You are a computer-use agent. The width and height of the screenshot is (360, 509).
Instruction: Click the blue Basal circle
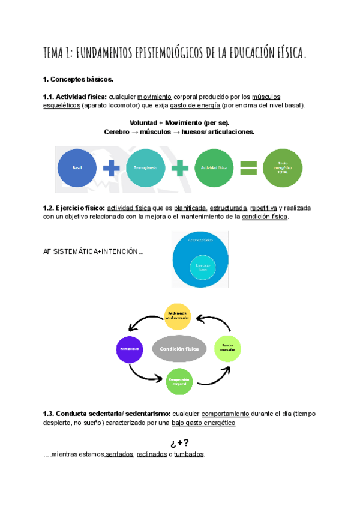(x=77, y=169)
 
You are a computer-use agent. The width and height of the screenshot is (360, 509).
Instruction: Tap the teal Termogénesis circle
(x=146, y=169)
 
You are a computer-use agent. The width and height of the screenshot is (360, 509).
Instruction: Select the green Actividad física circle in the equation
(x=214, y=169)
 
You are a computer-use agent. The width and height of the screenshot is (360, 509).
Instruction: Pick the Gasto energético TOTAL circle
(x=283, y=169)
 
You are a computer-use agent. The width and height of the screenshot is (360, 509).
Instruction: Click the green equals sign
(x=248, y=169)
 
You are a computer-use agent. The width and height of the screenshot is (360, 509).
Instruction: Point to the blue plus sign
(x=111, y=169)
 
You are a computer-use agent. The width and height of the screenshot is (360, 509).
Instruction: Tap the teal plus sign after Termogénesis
(x=180, y=169)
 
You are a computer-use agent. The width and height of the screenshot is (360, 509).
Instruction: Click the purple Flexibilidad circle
(x=130, y=348)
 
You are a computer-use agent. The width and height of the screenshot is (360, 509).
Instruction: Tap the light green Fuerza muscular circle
(x=228, y=348)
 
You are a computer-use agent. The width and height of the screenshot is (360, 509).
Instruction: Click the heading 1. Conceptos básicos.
(x=78, y=79)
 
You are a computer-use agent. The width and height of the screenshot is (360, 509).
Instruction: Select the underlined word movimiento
(x=155, y=97)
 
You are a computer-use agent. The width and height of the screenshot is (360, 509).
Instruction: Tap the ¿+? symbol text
(x=179, y=443)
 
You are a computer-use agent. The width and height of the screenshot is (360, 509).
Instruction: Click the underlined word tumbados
(x=189, y=454)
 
